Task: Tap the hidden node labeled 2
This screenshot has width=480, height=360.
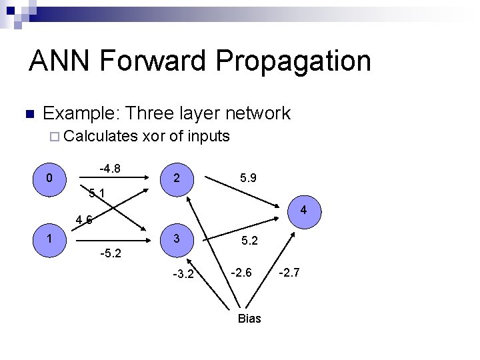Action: pos(175,179)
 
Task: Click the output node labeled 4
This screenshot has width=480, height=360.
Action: pos(303,211)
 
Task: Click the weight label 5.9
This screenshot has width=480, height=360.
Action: pos(247,178)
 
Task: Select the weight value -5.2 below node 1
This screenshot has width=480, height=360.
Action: pos(110,254)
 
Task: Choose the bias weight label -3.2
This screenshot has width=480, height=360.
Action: pos(183,273)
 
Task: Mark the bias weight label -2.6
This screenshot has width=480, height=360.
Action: pos(241,271)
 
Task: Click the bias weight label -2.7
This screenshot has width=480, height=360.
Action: pos(290,271)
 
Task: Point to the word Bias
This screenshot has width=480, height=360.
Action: pos(249,319)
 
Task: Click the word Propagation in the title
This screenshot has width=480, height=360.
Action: pos(293,61)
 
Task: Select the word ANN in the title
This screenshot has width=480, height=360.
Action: pos(60,61)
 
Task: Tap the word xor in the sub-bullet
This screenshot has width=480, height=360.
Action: pos(154,137)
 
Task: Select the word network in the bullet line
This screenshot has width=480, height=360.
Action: pos(259,113)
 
